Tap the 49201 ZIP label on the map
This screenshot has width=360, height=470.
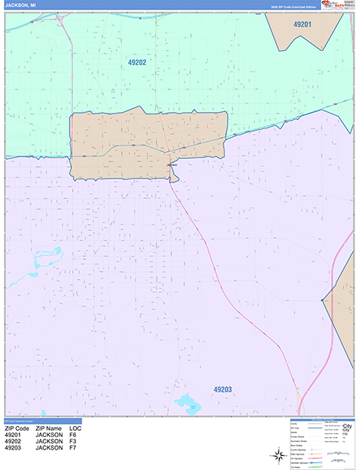302,25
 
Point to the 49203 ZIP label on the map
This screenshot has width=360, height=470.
222,389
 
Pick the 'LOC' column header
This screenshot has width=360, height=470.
75,429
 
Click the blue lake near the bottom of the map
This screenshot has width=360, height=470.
187,403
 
